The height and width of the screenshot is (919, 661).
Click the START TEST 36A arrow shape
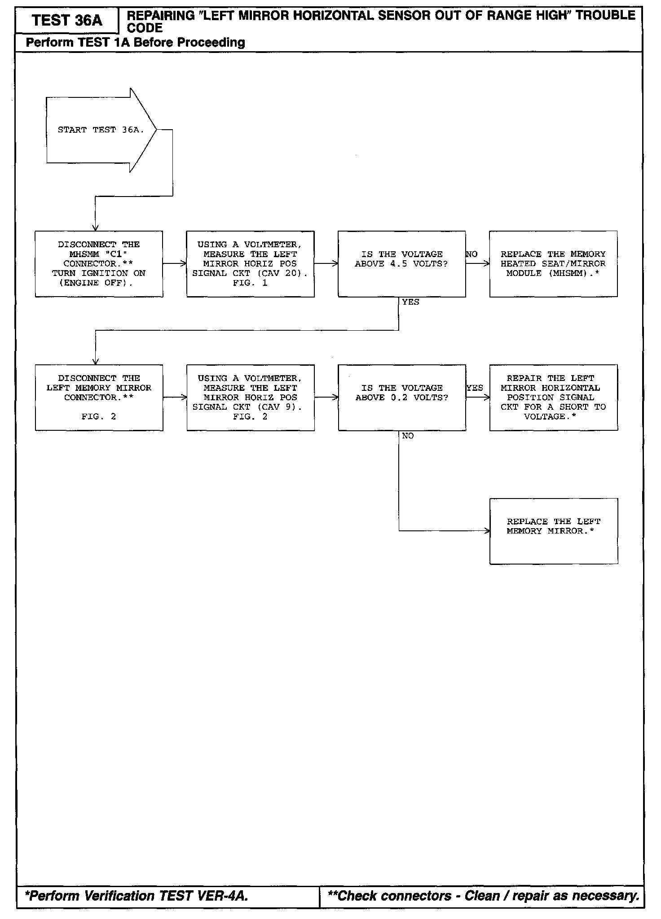(x=101, y=130)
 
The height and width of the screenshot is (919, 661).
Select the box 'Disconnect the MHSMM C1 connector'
(x=99, y=264)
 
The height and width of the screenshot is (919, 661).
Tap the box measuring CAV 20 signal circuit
(x=250, y=264)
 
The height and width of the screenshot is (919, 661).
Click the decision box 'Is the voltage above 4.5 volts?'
(x=401, y=264)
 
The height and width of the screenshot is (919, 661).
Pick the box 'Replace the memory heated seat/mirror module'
(x=553, y=264)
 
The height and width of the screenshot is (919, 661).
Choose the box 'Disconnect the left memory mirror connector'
(x=99, y=398)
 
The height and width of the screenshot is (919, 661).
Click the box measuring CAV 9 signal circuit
(x=250, y=398)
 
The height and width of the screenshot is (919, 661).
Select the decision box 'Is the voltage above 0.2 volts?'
(x=401, y=398)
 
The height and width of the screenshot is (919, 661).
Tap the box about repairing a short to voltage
(x=553, y=398)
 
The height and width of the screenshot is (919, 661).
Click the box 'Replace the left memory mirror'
(x=553, y=531)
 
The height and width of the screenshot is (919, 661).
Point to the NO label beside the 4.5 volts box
(x=472, y=254)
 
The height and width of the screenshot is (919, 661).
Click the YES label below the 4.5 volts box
(x=410, y=302)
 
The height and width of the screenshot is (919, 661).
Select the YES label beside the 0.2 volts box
(x=475, y=388)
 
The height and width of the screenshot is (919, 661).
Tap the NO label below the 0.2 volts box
(x=408, y=436)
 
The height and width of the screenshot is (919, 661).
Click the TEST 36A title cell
(x=67, y=21)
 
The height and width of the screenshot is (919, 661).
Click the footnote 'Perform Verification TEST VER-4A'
(x=137, y=896)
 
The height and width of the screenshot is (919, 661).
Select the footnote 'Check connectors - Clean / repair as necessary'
(x=483, y=896)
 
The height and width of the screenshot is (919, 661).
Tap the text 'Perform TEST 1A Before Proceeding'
(x=135, y=43)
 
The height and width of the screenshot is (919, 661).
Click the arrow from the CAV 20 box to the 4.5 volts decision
(x=326, y=264)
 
